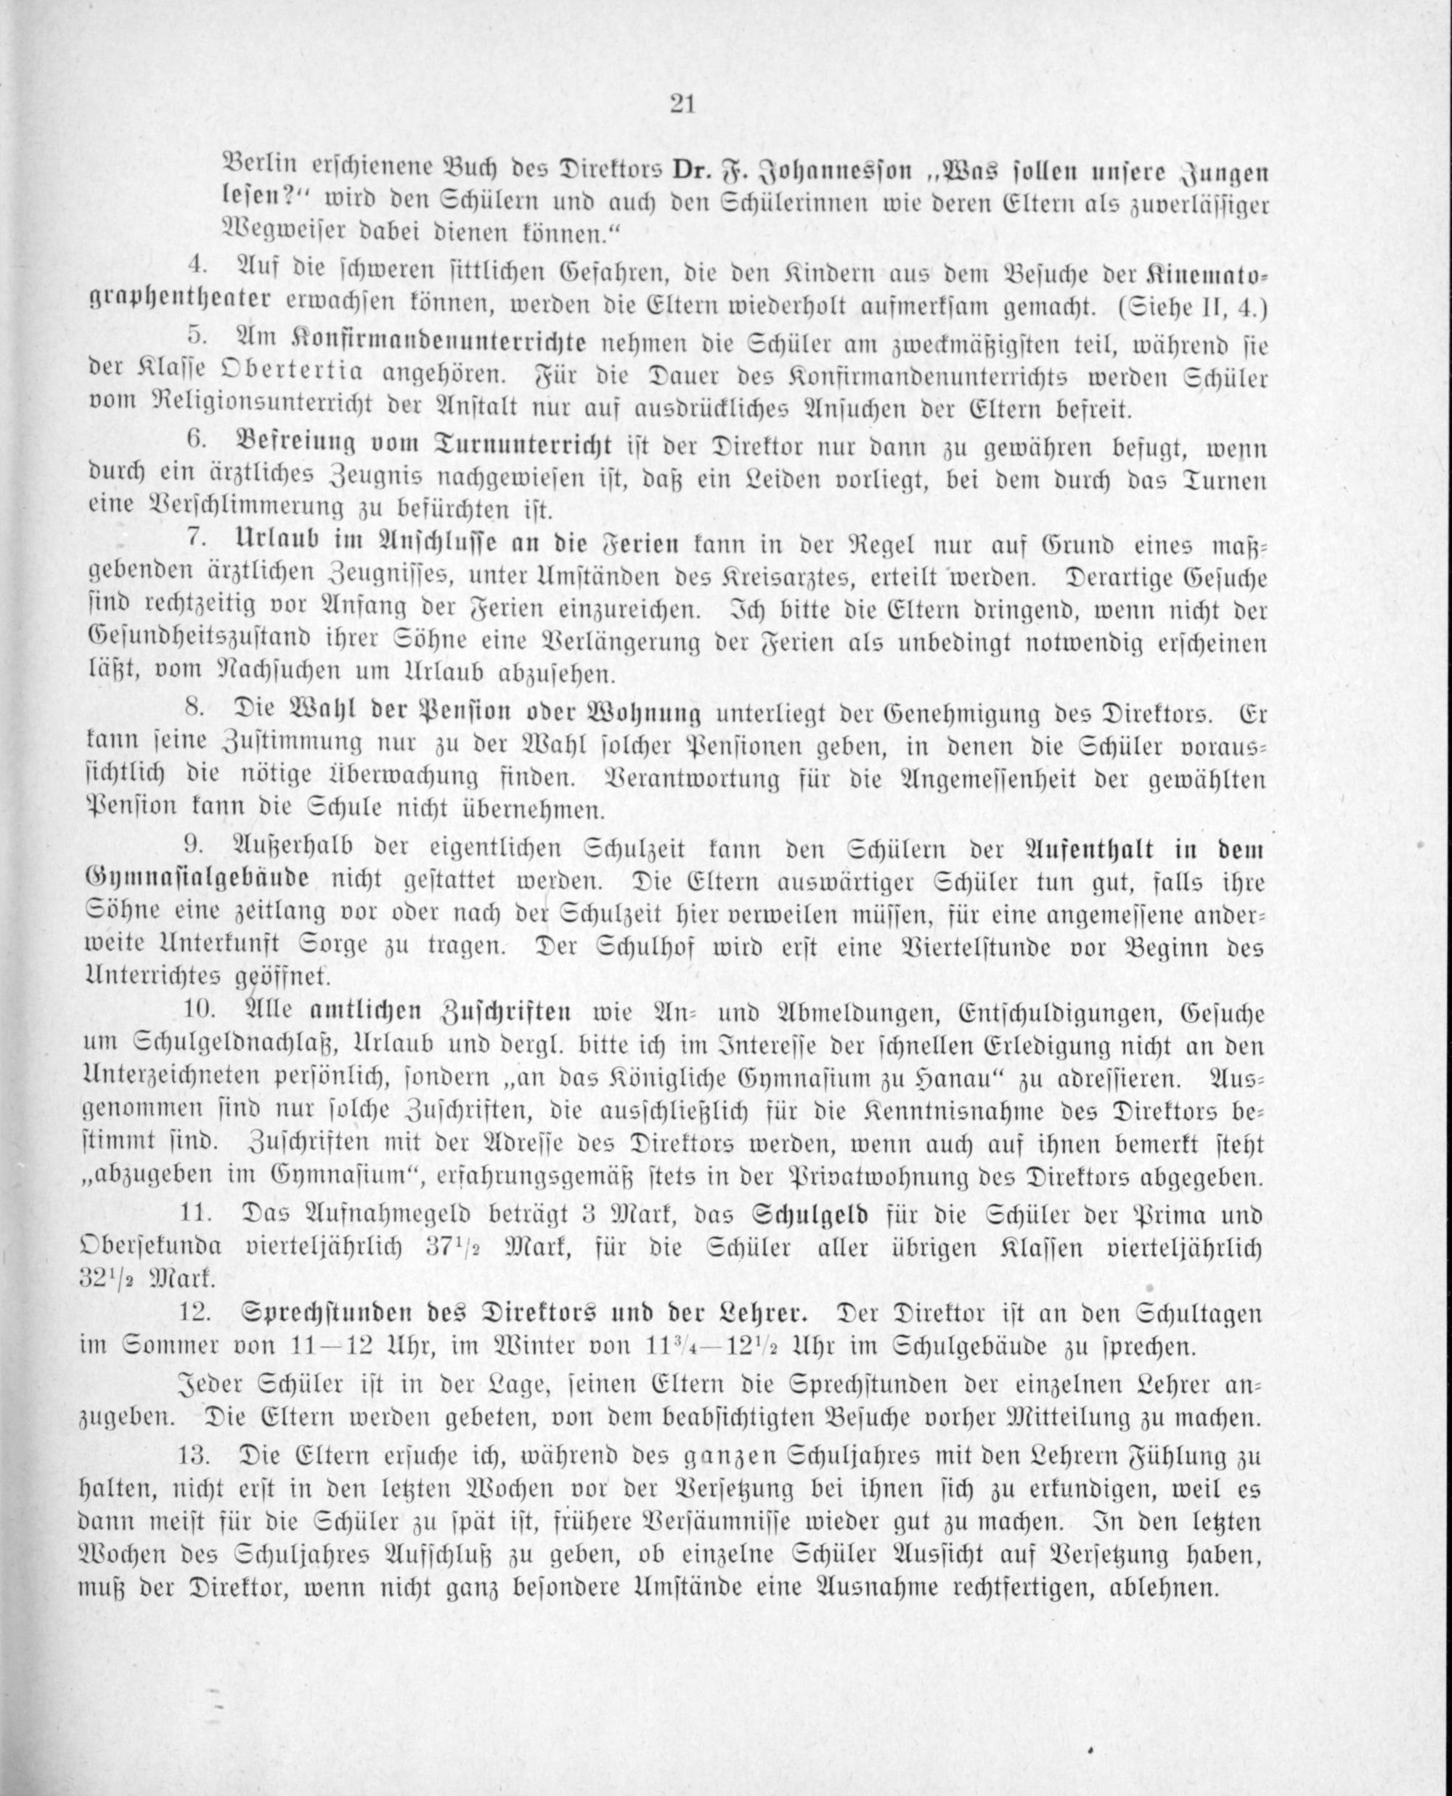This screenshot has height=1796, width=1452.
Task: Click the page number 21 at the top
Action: (x=682, y=105)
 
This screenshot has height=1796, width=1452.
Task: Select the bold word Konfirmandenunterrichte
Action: (x=441, y=343)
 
